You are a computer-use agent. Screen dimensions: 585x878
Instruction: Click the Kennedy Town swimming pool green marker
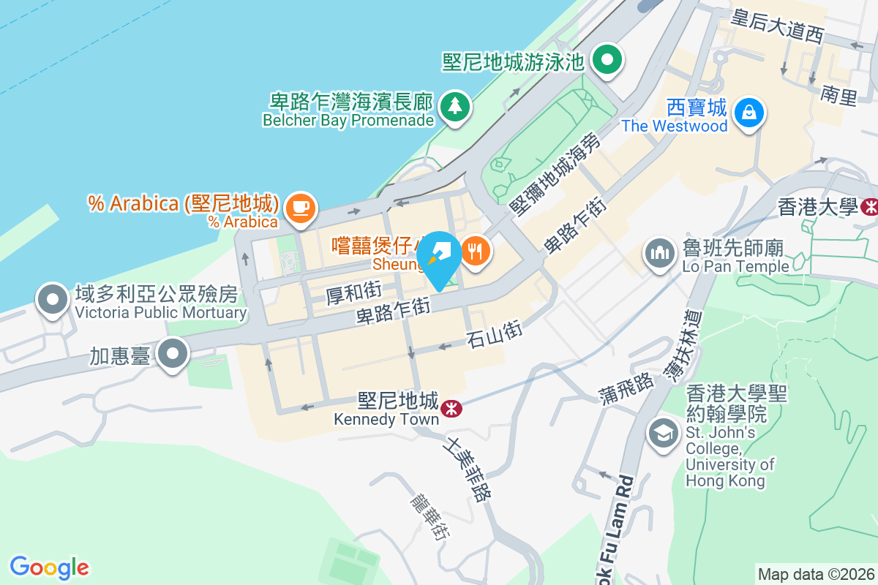607,59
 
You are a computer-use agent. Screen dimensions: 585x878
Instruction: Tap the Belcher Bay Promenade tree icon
455,107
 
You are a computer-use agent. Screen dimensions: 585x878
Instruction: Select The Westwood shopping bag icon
749,113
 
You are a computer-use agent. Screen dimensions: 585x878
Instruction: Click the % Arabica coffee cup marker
299,207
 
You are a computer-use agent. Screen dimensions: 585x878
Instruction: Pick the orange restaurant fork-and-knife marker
476,252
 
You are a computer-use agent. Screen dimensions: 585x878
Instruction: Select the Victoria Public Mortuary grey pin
53,300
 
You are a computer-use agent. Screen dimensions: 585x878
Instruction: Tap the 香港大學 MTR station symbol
870,207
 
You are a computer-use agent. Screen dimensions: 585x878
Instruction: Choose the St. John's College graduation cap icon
664,434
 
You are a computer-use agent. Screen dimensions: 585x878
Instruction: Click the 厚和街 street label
354,294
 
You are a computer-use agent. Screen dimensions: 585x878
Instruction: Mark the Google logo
49,567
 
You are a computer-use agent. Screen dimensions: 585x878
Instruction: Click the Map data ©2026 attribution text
816,574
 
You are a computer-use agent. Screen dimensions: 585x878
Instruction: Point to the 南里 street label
838,95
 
